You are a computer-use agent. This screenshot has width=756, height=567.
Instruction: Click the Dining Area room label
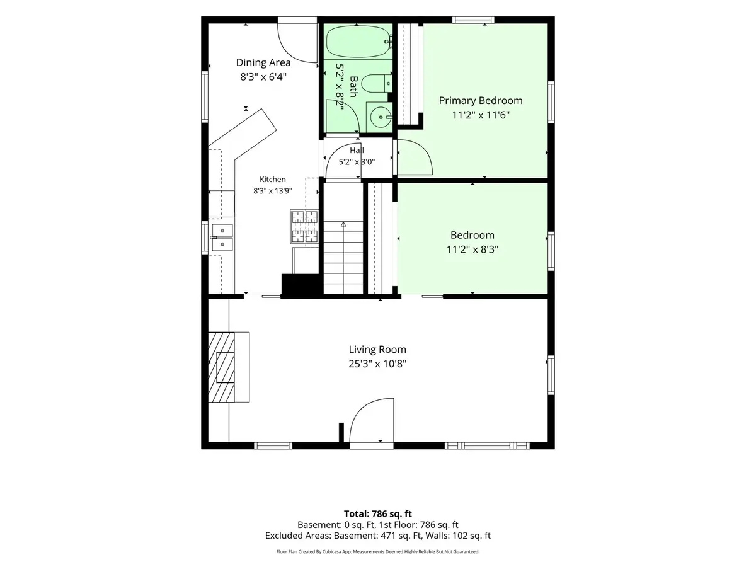263,62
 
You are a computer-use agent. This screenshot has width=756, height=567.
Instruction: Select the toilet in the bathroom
377,83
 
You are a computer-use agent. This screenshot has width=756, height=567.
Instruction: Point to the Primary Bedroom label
481,101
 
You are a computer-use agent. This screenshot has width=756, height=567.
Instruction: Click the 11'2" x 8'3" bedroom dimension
472,249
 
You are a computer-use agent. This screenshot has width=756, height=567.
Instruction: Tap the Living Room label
377,350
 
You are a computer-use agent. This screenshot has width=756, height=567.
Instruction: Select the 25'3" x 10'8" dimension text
377,364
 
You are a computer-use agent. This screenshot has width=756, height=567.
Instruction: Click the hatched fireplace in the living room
221,367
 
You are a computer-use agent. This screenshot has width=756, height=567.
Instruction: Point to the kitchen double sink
222,238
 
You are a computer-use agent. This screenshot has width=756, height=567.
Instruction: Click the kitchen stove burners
304,227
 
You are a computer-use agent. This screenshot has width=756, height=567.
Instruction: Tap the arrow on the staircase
343,225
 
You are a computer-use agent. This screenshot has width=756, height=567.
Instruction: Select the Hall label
357,151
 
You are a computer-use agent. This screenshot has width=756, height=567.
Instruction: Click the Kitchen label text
272,180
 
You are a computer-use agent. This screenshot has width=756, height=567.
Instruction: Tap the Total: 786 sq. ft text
378,514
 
